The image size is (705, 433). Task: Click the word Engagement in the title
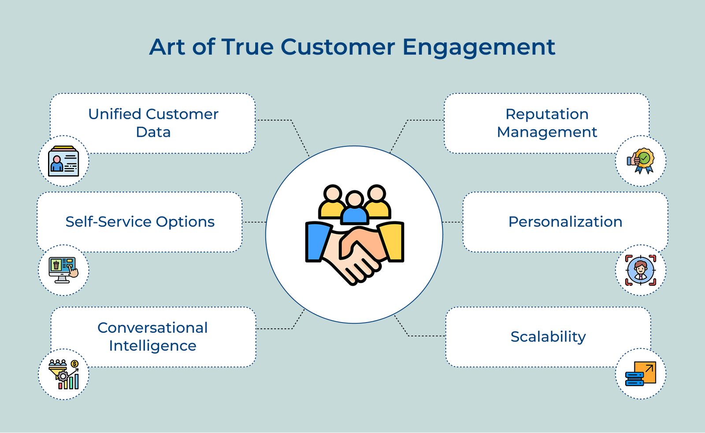(x=479, y=47)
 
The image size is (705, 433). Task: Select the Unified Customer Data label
(x=153, y=123)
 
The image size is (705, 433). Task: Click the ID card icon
(x=63, y=162)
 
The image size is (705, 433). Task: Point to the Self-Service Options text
(x=140, y=222)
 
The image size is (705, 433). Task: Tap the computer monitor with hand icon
(x=63, y=270)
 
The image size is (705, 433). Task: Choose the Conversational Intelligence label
(x=152, y=336)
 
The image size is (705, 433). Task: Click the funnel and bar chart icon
(x=63, y=374)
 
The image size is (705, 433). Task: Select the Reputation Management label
(x=547, y=123)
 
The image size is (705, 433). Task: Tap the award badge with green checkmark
(x=641, y=161)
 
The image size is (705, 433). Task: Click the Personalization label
(x=565, y=222)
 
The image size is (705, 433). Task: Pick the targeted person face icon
(x=641, y=270)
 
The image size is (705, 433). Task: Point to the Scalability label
(x=548, y=336)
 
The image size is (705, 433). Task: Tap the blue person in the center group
(x=355, y=208)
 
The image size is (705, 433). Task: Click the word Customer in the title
(x=338, y=47)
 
